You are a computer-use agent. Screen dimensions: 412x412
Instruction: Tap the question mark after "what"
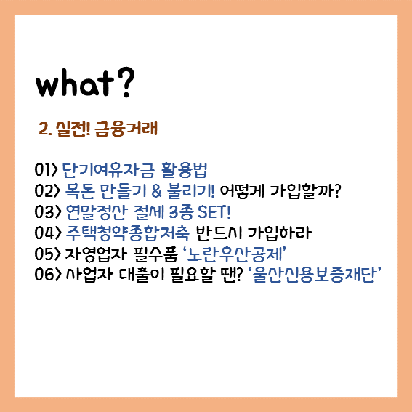tap(126, 82)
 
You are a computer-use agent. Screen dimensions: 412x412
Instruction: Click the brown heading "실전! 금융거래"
tap(107, 129)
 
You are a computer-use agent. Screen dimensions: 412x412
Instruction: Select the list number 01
tap(42, 170)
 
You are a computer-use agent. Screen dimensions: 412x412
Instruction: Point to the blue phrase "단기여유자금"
tap(108, 170)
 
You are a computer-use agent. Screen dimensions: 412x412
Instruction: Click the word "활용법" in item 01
tap(185, 170)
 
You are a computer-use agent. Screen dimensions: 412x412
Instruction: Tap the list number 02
tap(44, 191)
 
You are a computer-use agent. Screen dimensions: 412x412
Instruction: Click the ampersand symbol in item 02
tap(157, 191)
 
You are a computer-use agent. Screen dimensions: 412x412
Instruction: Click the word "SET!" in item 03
tap(214, 212)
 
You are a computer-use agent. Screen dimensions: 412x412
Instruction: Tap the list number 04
tap(44, 233)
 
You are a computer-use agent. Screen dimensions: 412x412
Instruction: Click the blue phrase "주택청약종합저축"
tap(127, 233)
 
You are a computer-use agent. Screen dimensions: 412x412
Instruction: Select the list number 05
tap(44, 254)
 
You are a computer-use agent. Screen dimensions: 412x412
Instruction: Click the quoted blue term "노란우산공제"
tap(234, 254)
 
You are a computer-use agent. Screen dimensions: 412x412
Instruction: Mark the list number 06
tap(44, 275)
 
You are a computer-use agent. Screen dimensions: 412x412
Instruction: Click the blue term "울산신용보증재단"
tap(314, 275)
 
